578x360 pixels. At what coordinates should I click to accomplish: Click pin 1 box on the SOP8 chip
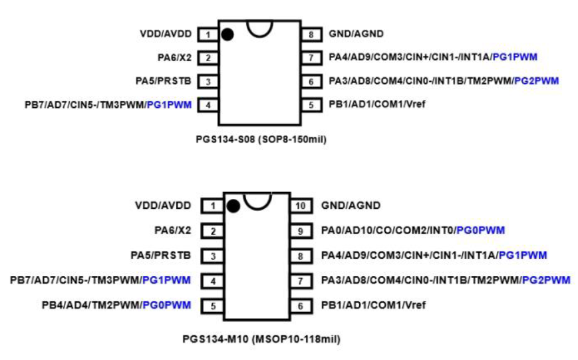(x=208, y=34)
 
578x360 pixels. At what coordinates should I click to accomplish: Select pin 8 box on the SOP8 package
(x=311, y=34)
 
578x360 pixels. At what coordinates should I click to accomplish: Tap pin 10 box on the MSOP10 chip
(x=301, y=206)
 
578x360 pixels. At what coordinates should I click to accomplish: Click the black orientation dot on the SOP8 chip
(x=227, y=35)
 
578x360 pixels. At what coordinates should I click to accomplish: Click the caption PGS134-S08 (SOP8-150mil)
(x=261, y=140)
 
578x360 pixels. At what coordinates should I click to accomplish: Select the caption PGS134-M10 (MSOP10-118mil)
(x=261, y=339)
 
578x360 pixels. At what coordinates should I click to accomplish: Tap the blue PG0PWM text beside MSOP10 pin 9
(x=480, y=231)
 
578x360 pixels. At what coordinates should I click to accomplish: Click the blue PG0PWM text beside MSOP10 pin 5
(x=167, y=305)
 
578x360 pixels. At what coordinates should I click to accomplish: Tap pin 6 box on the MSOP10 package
(x=301, y=305)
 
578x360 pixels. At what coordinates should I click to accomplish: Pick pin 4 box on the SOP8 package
(x=208, y=104)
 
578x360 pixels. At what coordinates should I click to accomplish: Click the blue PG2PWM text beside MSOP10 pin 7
(x=546, y=281)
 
